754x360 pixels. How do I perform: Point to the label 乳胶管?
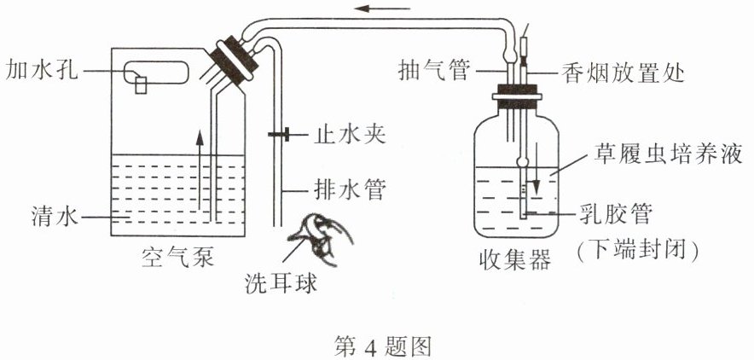(x=623, y=212)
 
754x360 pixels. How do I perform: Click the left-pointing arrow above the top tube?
(x=374, y=10)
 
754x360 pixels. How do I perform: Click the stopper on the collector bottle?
(x=515, y=101)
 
